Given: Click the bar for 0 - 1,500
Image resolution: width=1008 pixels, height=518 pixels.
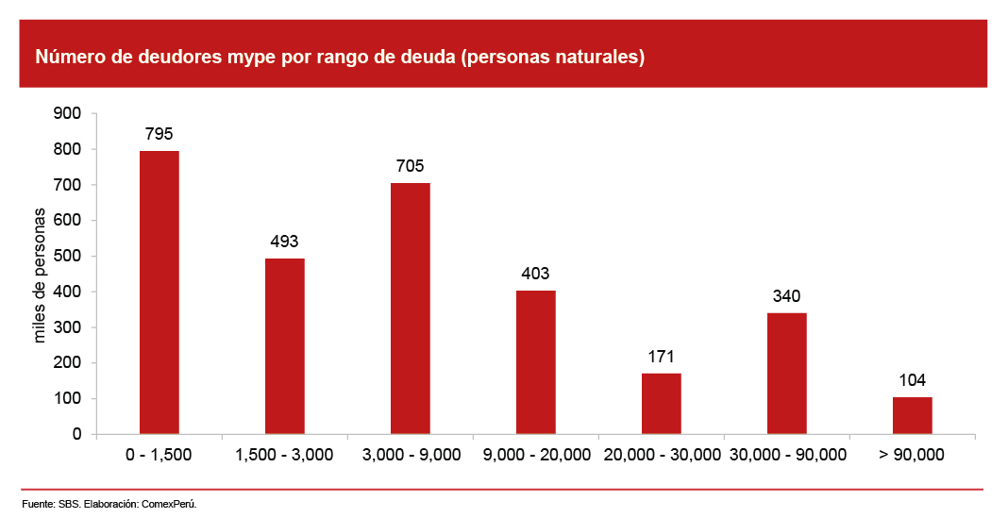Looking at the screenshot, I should [x=159, y=292].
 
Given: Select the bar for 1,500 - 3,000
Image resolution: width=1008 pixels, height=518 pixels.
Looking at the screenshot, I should [x=284, y=346].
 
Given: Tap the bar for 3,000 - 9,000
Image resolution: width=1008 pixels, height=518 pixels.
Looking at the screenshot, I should [x=410, y=309].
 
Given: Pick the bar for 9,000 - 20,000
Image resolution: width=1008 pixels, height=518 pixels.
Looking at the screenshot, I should [x=535, y=362].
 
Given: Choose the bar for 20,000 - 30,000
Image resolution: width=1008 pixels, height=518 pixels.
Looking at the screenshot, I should [x=661, y=404].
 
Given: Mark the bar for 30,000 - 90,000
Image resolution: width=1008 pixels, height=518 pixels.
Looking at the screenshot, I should [x=786, y=374].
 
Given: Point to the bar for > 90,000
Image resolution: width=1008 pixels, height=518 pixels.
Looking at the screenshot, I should [x=912, y=415].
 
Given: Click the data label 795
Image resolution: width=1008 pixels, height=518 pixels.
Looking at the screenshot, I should [x=159, y=133].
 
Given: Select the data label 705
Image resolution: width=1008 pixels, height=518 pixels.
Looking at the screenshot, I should [x=410, y=166].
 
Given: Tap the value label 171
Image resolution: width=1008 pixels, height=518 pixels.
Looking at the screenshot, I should [x=661, y=357].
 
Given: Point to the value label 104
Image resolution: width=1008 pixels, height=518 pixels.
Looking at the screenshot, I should [x=912, y=380].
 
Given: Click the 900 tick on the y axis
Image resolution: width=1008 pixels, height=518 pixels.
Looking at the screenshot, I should [x=71, y=114].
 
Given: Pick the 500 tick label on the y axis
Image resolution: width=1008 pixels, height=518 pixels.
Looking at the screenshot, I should [x=71, y=257].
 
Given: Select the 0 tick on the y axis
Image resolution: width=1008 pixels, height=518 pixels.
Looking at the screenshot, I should [x=77, y=435].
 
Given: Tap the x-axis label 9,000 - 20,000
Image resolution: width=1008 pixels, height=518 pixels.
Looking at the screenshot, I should [x=536, y=455].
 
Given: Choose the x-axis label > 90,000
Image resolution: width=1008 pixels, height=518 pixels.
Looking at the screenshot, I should [x=912, y=455].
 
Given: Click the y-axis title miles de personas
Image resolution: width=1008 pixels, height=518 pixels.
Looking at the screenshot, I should [x=40, y=274].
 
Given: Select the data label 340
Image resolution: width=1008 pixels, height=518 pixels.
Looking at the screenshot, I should [x=786, y=296].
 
